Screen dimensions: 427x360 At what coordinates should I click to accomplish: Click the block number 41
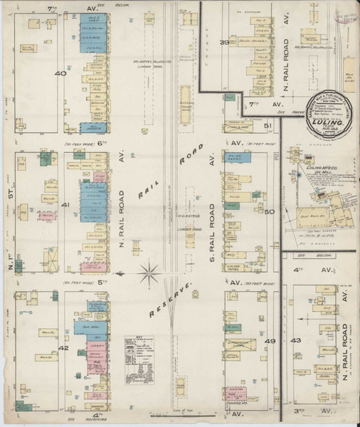click(x=65, y=206)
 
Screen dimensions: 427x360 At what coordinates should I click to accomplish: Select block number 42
click(x=63, y=348)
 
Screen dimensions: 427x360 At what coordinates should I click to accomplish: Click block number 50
click(x=269, y=211)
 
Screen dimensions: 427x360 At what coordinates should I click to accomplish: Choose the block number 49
click(x=270, y=342)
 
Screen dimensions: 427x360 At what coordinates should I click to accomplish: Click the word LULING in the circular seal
click(x=324, y=122)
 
